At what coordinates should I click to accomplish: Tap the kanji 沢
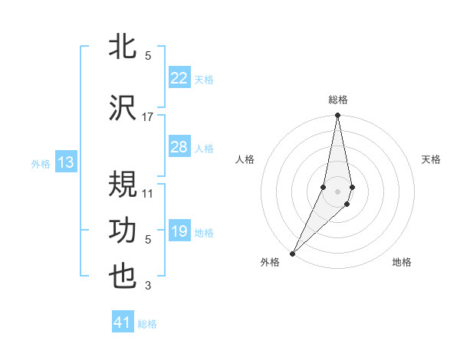pos(123,109)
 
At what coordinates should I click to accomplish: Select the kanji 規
pos(123,185)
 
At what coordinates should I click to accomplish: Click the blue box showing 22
pos(179,77)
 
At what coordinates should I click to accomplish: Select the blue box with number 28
pos(179,147)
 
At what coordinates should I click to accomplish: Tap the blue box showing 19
pos(179,231)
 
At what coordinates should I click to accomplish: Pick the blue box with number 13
pos(65,162)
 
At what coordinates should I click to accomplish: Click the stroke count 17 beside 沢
pos(148,117)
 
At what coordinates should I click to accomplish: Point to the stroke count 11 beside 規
pos(148,194)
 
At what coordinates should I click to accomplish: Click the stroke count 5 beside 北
pos(148,56)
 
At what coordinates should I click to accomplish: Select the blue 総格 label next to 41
pos(147,324)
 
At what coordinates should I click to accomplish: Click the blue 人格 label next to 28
pos(204,148)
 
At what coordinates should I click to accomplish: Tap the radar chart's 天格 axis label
pos(432,159)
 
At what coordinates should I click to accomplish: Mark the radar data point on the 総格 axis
pos(337,116)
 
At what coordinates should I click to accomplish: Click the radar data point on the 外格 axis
pos(292,253)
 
